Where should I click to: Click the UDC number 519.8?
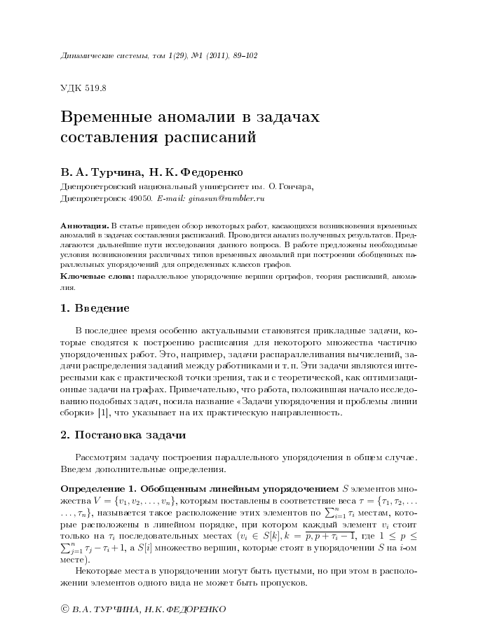[x=93, y=88]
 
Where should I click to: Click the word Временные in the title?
[x=109, y=118]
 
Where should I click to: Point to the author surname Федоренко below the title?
[x=215, y=172]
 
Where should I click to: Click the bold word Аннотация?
[x=84, y=227]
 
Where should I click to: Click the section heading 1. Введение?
[x=95, y=308]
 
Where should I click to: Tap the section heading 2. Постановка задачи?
[x=123, y=435]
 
